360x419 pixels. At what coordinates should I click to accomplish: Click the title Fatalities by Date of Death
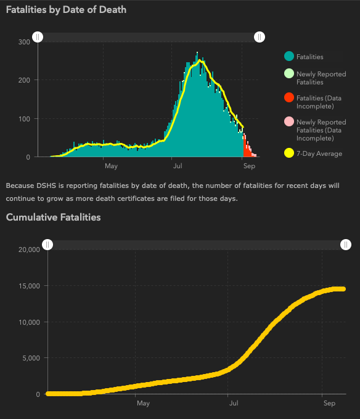[x=66, y=10]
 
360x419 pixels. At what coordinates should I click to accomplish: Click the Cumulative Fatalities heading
[x=53, y=218]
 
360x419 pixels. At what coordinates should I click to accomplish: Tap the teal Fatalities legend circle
[x=289, y=57]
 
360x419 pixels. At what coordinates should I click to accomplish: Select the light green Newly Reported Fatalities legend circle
[x=289, y=73]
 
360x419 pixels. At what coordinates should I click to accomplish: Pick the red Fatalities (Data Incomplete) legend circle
[x=289, y=97]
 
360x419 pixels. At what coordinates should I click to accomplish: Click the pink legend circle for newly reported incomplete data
[x=289, y=121]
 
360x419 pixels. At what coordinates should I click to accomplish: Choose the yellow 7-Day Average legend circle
[x=289, y=153]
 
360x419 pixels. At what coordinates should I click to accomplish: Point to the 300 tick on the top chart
[x=24, y=42]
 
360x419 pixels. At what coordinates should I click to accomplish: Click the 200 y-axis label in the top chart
[x=24, y=80]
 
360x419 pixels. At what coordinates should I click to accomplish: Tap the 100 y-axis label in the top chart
[x=24, y=119]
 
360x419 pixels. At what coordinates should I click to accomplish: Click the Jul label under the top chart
[x=178, y=166]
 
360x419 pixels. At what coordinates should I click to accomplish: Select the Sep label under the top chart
[x=250, y=166]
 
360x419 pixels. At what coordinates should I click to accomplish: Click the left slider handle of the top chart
[x=38, y=37]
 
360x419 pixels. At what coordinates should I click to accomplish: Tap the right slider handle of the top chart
[x=260, y=37]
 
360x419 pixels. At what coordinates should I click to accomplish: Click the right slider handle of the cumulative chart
[x=346, y=245]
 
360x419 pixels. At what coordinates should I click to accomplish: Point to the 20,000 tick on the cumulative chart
[x=29, y=250]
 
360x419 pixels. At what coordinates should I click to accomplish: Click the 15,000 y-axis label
[x=29, y=286]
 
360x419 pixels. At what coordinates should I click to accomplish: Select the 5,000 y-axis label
[x=31, y=358]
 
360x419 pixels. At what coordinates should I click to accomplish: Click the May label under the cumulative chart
[x=143, y=403]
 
